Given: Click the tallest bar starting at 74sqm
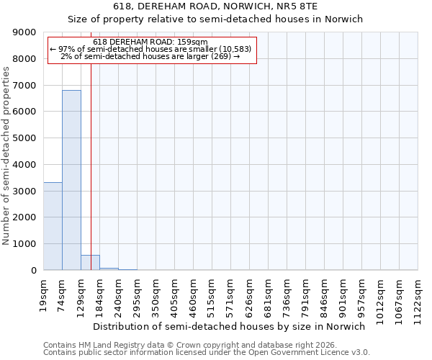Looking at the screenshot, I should pyautogui.click(x=71, y=180).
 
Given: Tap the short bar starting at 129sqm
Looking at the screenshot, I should pyautogui.click(x=90, y=263).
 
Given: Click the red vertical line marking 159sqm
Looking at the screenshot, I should pyautogui.click(x=91, y=166).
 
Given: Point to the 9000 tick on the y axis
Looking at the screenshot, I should pyautogui.click(x=25, y=32).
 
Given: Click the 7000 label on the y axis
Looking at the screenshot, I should pyautogui.click(x=25, y=86).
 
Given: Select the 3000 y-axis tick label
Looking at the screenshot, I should pyautogui.click(x=25, y=191).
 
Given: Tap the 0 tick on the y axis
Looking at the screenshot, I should pyautogui.click(x=33, y=270).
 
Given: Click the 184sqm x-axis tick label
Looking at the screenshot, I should pyautogui.click(x=100, y=294).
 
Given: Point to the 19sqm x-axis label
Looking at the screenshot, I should pyautogui.click(x=44, y=292).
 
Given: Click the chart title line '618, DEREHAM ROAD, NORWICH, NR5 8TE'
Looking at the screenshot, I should pyautogui.click(x=215, y=6).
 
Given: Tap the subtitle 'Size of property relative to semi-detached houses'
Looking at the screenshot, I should pyautogui.click(x=215, y=19).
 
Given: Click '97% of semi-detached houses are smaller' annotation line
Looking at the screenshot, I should pyautogui.click(x=150, y=49).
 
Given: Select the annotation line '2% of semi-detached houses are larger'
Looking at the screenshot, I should pyautogui.click(x=150, y=56).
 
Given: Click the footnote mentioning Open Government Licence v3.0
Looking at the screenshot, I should pyautogui.click(x=207, y=353).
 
